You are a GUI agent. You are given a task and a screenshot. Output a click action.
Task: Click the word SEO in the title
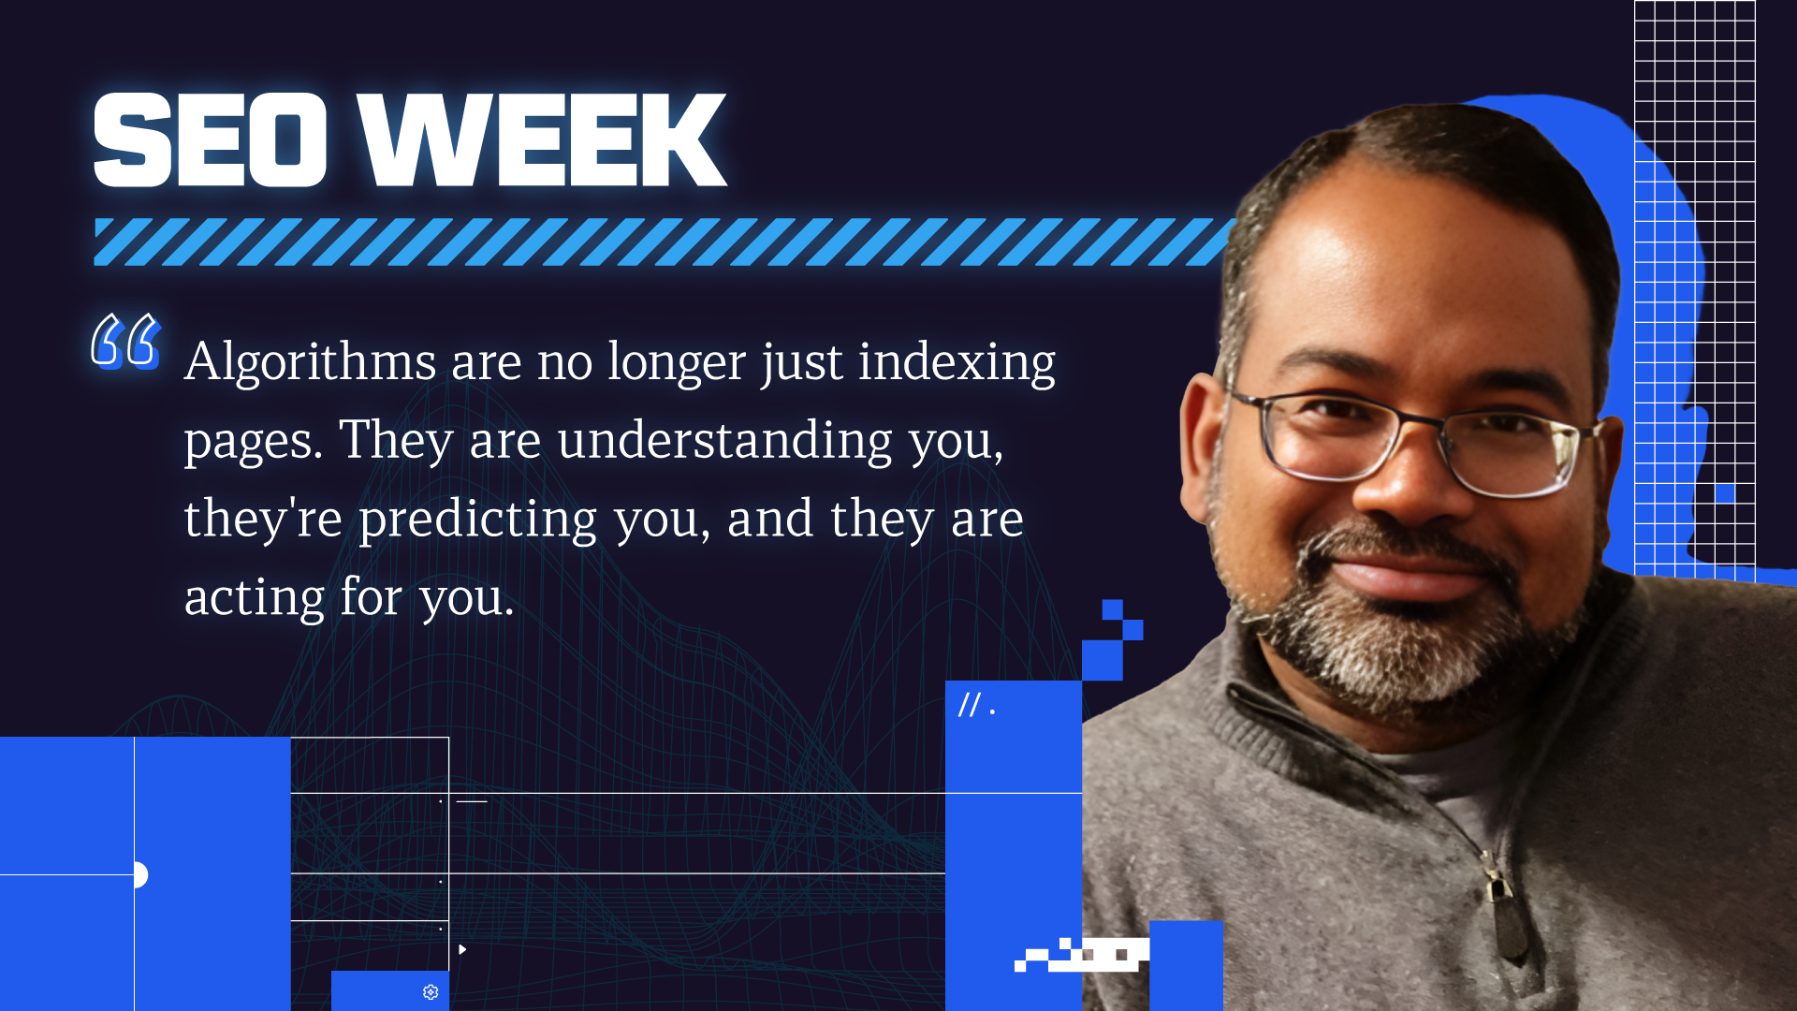[x=210, y=140]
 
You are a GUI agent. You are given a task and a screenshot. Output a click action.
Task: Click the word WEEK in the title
[x=543, y=140]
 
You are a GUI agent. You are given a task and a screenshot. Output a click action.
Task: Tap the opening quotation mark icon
[x=125, y=341]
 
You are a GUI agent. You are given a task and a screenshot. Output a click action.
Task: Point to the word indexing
[x=957, y=363]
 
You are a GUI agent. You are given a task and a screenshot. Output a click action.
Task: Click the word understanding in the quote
[x=725, y=440]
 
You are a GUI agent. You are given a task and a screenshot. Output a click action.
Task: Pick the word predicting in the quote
[x=478, y=520]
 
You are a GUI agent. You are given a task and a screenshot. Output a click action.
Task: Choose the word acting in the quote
[x=255, y=597]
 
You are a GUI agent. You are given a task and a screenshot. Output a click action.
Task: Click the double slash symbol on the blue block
[x=970, y=705]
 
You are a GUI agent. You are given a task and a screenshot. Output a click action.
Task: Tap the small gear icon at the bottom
[x=431, y=991]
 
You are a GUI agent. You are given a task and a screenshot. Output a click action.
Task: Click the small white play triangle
[x=462, y=949]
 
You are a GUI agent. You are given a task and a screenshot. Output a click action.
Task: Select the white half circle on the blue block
[x=141, y=874]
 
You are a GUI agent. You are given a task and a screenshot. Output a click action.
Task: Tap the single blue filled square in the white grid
[x=1725, y=493]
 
